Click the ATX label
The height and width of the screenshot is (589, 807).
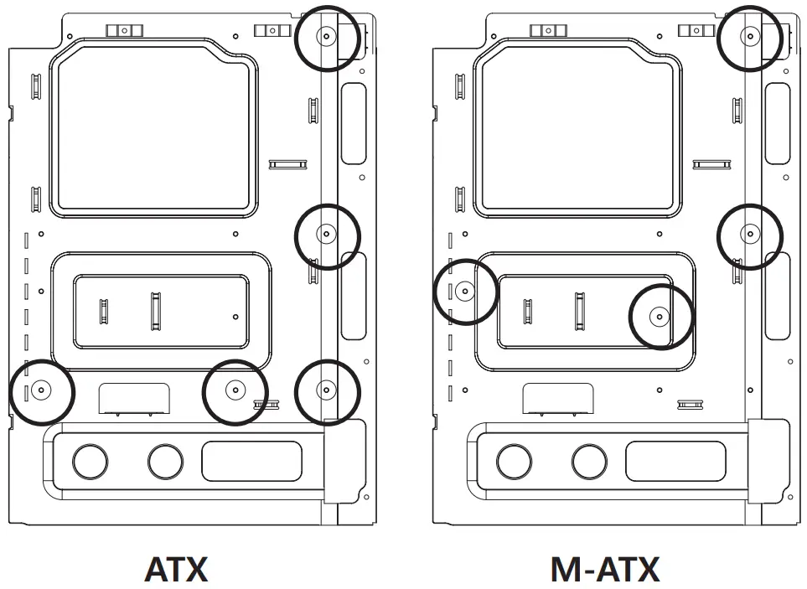point(176,570)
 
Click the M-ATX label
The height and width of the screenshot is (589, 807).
point(604,570)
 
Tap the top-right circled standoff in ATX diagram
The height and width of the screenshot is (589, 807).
point(327,37)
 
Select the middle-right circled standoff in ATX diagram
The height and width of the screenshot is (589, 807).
point(327,235)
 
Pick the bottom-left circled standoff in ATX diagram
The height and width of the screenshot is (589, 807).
point(41,390)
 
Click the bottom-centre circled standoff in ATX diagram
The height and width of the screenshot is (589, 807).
point(235,390)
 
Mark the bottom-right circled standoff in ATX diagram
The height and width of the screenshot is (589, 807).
point(327,390)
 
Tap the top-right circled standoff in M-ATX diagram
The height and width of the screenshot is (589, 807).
point(751,37)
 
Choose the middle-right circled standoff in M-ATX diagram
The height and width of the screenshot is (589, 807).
point(751,235)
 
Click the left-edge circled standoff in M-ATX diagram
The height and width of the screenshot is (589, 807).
point(466,291)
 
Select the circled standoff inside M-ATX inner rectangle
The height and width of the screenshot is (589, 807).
point(660,317)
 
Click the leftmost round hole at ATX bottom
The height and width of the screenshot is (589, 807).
point(90,460)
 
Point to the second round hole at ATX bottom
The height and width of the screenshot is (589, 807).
point(165,460)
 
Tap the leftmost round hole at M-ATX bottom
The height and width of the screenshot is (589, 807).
point(514,460)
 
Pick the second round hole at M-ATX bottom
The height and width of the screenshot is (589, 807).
point(589,460)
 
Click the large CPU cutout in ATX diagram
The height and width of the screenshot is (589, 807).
point(153,128)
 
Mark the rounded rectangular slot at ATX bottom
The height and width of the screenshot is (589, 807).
point(251,461)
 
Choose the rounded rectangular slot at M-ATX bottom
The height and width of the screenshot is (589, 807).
point(675,461)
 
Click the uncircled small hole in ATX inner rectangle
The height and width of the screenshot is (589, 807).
point(235,317)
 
